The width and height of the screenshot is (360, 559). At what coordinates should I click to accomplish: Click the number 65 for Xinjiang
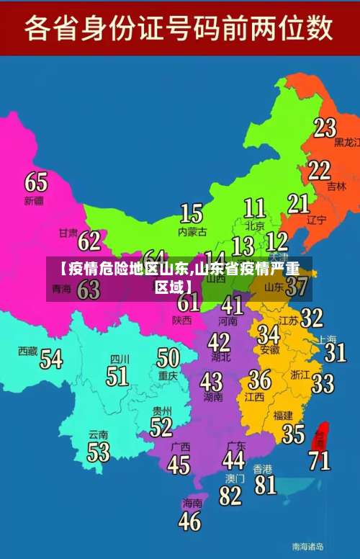[36, 182]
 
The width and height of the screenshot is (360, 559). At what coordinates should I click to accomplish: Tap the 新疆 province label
[34, 200]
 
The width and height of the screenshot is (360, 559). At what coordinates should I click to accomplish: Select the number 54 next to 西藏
[50, 358]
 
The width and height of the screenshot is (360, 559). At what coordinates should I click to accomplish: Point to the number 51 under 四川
[117, 375]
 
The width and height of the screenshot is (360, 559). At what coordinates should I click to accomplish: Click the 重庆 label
[168, 375]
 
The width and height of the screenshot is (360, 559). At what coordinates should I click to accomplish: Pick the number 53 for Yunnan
[99, 452]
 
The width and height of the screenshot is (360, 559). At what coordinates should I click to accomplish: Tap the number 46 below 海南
[190, 520]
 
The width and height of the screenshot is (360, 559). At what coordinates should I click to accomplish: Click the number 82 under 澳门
[230, 496]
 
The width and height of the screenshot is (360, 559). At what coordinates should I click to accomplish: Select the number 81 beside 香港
[265, 483]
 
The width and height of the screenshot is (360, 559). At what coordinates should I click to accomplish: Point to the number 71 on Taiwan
[320, 460]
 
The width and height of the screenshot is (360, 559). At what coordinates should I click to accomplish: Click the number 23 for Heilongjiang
[325, 128]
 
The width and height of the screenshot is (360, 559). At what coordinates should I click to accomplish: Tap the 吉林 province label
[336, 186]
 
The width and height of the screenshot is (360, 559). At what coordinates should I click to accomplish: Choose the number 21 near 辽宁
[298, 204]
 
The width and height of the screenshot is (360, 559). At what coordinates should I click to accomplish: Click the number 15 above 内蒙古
[192, 213]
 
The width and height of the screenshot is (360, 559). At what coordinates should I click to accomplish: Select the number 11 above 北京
[254, 208]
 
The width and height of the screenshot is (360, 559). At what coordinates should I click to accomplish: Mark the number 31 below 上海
[335, 352]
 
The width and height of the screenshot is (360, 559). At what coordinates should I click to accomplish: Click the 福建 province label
[283, 415]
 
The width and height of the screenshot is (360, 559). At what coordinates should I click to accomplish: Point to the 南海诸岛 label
[307, 546]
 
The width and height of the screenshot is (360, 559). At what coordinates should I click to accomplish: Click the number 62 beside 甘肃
[89, 240]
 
